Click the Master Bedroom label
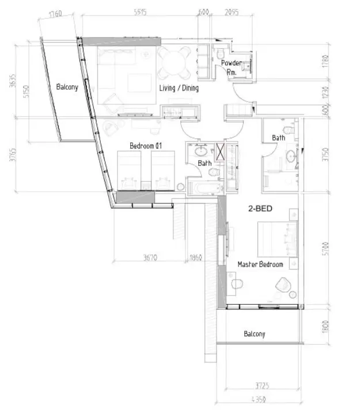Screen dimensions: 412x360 coord(261,264)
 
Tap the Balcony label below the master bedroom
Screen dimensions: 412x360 coord(254,334)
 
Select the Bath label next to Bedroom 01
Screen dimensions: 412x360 coord(204,163)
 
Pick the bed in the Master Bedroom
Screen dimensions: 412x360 coord(278,237)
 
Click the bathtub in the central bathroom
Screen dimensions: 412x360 coord(204,188)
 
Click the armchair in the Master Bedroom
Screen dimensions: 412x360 coord(283,285)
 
